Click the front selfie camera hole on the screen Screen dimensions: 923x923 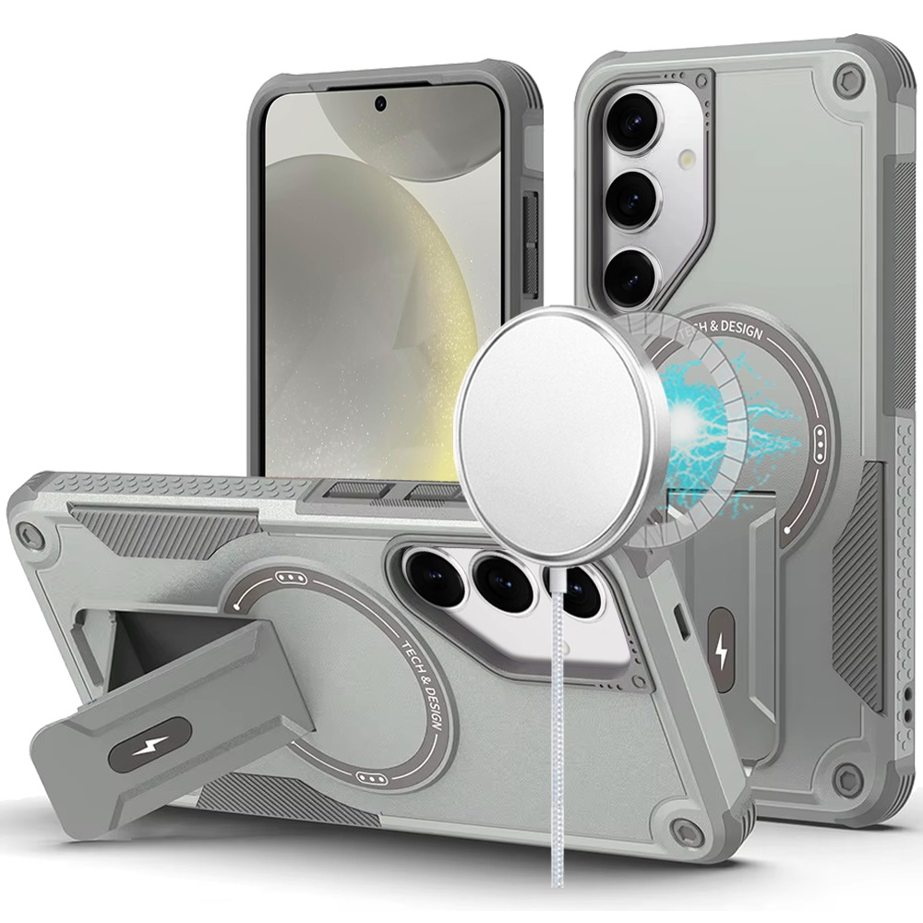click(381, 103)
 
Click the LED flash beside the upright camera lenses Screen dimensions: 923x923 click(687, 159)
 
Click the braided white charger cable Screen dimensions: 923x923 click(559, 724)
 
